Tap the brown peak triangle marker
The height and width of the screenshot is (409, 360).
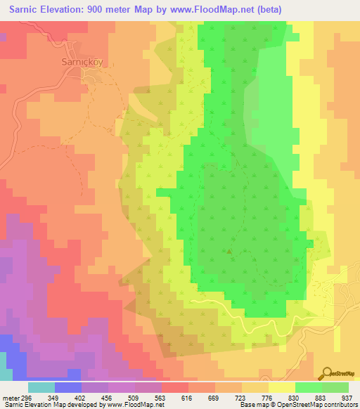tap(229, 249)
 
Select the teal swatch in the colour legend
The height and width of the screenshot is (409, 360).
tap(41, 387)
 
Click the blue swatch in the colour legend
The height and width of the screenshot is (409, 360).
tap(68, 387)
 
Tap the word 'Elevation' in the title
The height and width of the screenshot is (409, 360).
tap(66, 9)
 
